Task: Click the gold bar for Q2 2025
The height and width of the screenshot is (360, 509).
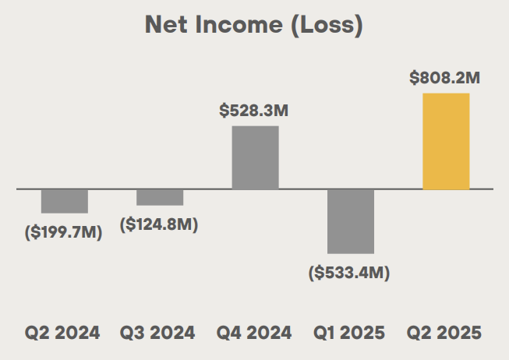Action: [446, 141]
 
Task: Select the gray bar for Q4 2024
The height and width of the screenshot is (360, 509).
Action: [255, 157]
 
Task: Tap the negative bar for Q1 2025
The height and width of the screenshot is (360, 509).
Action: [351, 221]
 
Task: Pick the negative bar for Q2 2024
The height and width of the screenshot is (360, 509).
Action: [65, 201]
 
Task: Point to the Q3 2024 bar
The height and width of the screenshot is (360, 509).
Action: [160, 197]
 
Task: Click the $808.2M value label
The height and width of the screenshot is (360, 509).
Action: [445, 78]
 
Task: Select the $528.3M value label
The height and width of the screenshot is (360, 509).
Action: [254, 111]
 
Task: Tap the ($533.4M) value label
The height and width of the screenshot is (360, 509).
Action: [349, 273]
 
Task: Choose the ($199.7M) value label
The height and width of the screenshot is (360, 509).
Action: [64, 232]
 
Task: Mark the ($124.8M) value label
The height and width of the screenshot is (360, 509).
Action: [159, 224]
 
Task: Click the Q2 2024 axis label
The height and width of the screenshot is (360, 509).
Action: [62, 333]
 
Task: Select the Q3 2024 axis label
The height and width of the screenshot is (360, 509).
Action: [158, 333]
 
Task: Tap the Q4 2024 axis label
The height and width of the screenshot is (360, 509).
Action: [254, 333]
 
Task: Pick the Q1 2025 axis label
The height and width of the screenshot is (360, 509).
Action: [349, 333]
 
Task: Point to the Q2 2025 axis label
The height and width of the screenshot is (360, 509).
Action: [445, 333]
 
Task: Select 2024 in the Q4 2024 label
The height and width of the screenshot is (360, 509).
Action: [268, 333]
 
